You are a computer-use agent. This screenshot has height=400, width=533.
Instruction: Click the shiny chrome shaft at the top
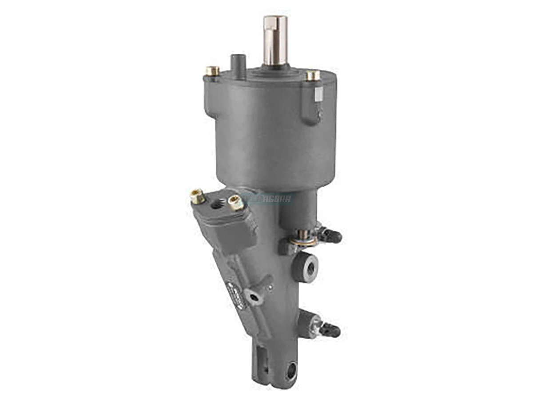[x=275, y=40]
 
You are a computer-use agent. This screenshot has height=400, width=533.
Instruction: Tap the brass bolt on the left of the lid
[x=212, y=71]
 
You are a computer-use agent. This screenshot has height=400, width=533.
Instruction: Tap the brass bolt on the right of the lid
[x=313, y=75]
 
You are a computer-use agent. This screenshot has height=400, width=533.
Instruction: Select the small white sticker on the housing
[x=318, y=93]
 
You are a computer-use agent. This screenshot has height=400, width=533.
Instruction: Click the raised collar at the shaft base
[x=275, y=68]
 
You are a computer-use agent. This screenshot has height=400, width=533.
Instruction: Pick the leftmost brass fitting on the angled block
[x=198, y=196]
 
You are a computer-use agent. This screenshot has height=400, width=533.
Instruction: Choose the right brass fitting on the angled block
[x=235, y=203]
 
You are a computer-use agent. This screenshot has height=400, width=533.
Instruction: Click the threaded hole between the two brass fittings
[x=217, y=204]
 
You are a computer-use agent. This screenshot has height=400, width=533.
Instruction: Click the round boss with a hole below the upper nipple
[x=306, y=267]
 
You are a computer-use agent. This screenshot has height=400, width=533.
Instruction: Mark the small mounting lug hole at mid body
[x=255, y=297]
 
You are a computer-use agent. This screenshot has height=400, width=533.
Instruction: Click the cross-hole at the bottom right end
[x=291, y=371]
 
